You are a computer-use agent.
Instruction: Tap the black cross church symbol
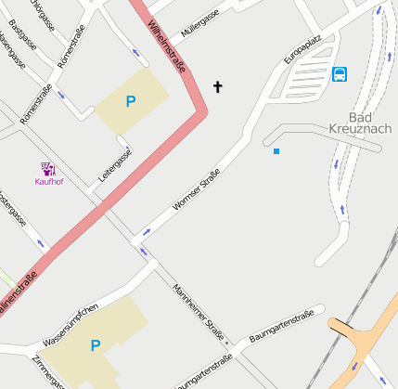pyautogui.click(x=218, y=87)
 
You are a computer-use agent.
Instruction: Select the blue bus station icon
pyautogui.click(x=340, y=73)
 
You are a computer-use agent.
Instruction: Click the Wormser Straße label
pyautogui.click(x=197, y=190)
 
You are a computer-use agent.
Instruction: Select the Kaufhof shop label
pyautogui.click(x=48, y=182)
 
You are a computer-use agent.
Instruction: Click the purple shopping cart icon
pyautogui.click(x=48, y=169)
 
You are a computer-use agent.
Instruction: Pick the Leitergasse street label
pyautogui.click(x=116, y=164)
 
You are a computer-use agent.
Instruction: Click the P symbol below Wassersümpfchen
pyautogui.click(x=96, y=345)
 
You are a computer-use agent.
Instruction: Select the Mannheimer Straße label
pyautogui.click(x=199, y=311)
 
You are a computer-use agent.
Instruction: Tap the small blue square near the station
pyautogui.click(x=276, y=150)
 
